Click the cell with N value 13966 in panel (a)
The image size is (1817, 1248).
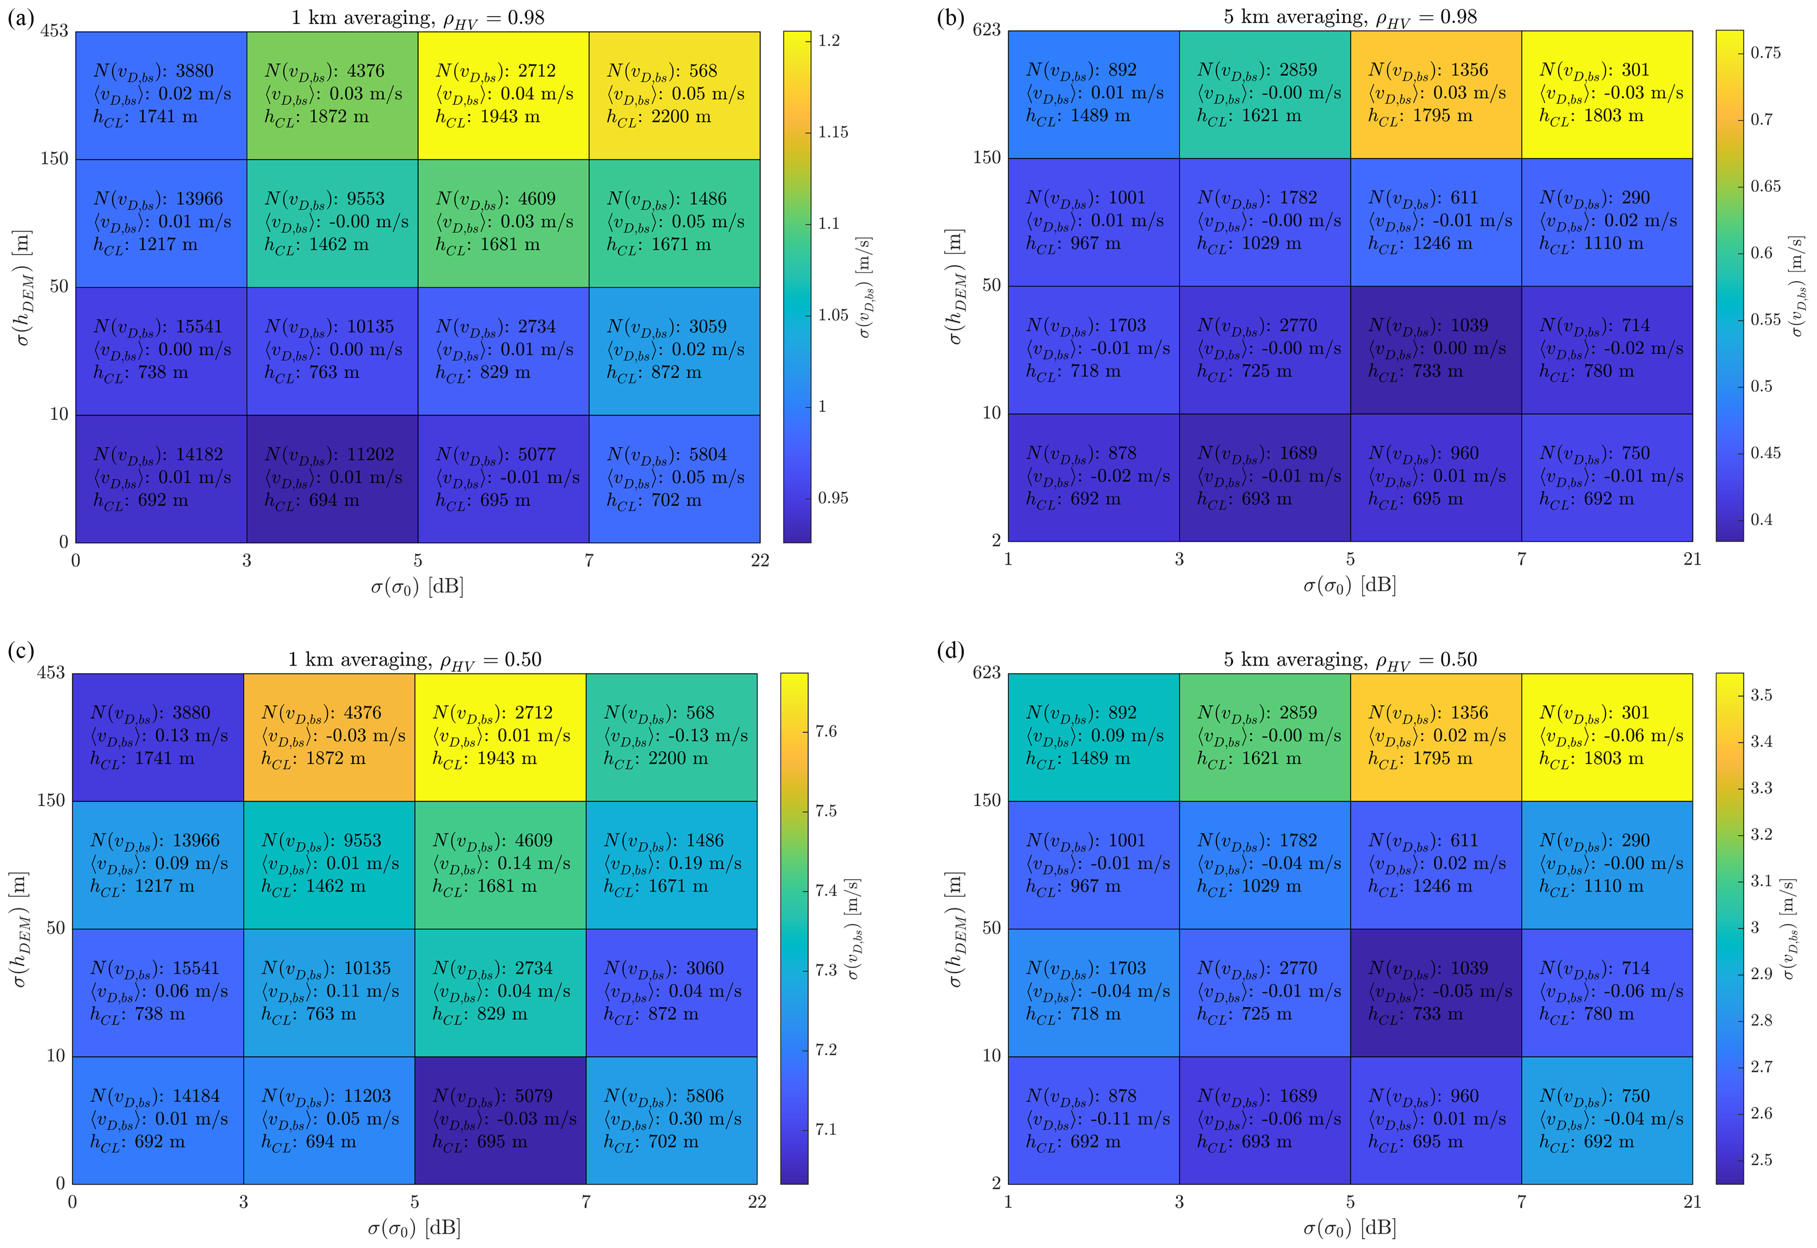(161, 223)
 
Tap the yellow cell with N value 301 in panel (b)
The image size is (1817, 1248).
(1607, 94)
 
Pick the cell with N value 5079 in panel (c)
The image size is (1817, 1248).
(500, 1120)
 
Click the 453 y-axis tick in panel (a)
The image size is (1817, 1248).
(55, 31)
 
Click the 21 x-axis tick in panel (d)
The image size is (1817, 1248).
(1692, 1202)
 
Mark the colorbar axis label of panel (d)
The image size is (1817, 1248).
(1790, 928)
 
